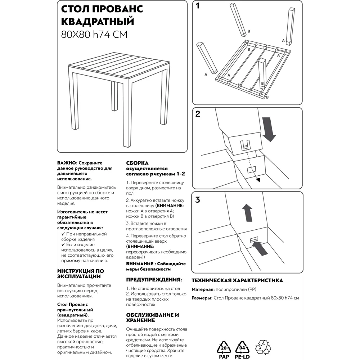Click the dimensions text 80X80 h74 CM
(94, 35)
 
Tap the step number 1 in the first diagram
(198, 6)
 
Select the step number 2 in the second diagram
(198, 114)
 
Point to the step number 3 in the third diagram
(198, 200)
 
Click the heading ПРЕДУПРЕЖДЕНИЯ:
(154, 279)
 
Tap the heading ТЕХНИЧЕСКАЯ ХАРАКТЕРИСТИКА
(237, 280)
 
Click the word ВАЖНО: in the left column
(67, 163)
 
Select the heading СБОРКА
(137, 163)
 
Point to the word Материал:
(203, 289)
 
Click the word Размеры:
(202, 298)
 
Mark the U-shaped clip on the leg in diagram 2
(245, 145)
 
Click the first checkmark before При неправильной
(63, 234)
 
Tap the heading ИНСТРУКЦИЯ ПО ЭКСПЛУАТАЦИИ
(81, 274)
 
